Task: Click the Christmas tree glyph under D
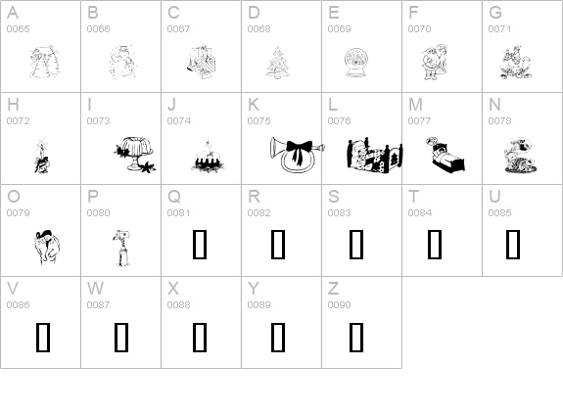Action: [x=278, y=62]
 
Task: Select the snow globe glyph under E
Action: [x=355, y=63]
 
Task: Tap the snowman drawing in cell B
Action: [x=122, y=62]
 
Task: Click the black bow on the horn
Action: [x=299, y=150]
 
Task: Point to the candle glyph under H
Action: [x=42, y=156]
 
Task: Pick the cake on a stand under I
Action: [x=135, y=154]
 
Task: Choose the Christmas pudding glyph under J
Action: [x=208, y=156]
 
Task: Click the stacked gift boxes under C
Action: [x=201, y=62]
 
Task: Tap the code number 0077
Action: [x=419, y=121]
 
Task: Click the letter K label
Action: [x=254, y=105]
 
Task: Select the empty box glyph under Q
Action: [x=200, y=245]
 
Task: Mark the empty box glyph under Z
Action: [x=356, y=337]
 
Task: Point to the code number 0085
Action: [x=499, y=212]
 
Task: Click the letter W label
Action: [x=95, y=288]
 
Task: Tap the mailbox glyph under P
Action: [x=121, y=248]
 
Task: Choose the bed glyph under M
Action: [x=446, y=155]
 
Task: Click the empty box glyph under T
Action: [x=435, y=245]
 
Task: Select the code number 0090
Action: [x=340, y=304]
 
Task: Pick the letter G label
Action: [x=495, y=13]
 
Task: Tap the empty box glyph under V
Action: [x=43, y=337]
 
